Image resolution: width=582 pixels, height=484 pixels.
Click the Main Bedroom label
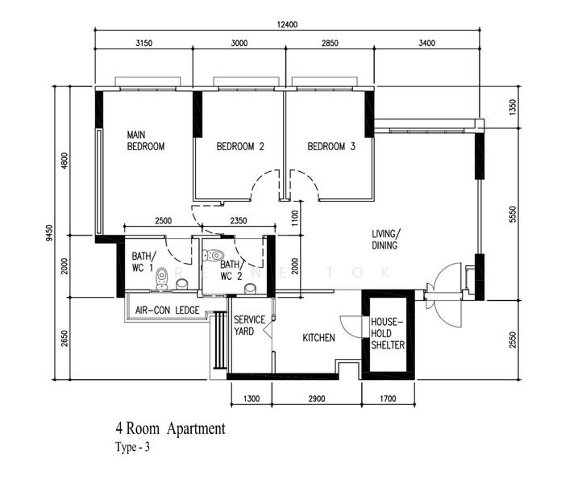pyautogui.click(x=145, y=140)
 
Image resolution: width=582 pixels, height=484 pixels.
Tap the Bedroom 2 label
pyautogui.click(x=240, y=146)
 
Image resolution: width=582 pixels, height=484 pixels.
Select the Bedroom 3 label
pyautogui.click(x=331, y=146)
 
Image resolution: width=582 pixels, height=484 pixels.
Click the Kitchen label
pyautogui.click(x=318, y=338)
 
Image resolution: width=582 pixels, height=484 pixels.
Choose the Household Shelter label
pyautogui.click(x=388, y=333)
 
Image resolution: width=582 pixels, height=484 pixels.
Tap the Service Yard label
pyautogui.click(x=249, y=325)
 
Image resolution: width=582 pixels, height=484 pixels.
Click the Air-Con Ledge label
pyautogui.click(x=168, y=310)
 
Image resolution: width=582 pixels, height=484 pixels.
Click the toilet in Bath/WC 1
pyautogui.click(x=162, y=278)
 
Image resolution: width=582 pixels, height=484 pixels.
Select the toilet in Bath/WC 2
pyautogui.click(x=214, y=256)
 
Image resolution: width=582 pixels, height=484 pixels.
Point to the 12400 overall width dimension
pyautogui.click(x=287, y=24)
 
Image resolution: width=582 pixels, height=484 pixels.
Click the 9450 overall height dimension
pyautogui.click(x=49, y=233)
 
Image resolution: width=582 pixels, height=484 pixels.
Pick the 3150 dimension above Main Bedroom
pyautogui.click(x=143, y=43)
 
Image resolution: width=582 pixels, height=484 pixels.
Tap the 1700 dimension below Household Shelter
pyautogui.click(x=388, y=399)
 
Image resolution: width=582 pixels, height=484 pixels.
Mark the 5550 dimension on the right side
pyautogui.click(x=513, y=215)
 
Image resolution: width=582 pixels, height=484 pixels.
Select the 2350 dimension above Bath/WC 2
pyautogui.click(x=239, y=221)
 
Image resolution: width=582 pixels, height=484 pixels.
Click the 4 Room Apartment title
pyautogui.click(x=170, y=428)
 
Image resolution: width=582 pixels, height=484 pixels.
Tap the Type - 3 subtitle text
pyautogui.click(x=132, y=447)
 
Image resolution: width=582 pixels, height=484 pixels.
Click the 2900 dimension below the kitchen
pyautogui.click(x=317, y=399)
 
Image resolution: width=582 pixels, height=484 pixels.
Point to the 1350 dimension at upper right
pyautogui.click(x=513, y=107)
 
